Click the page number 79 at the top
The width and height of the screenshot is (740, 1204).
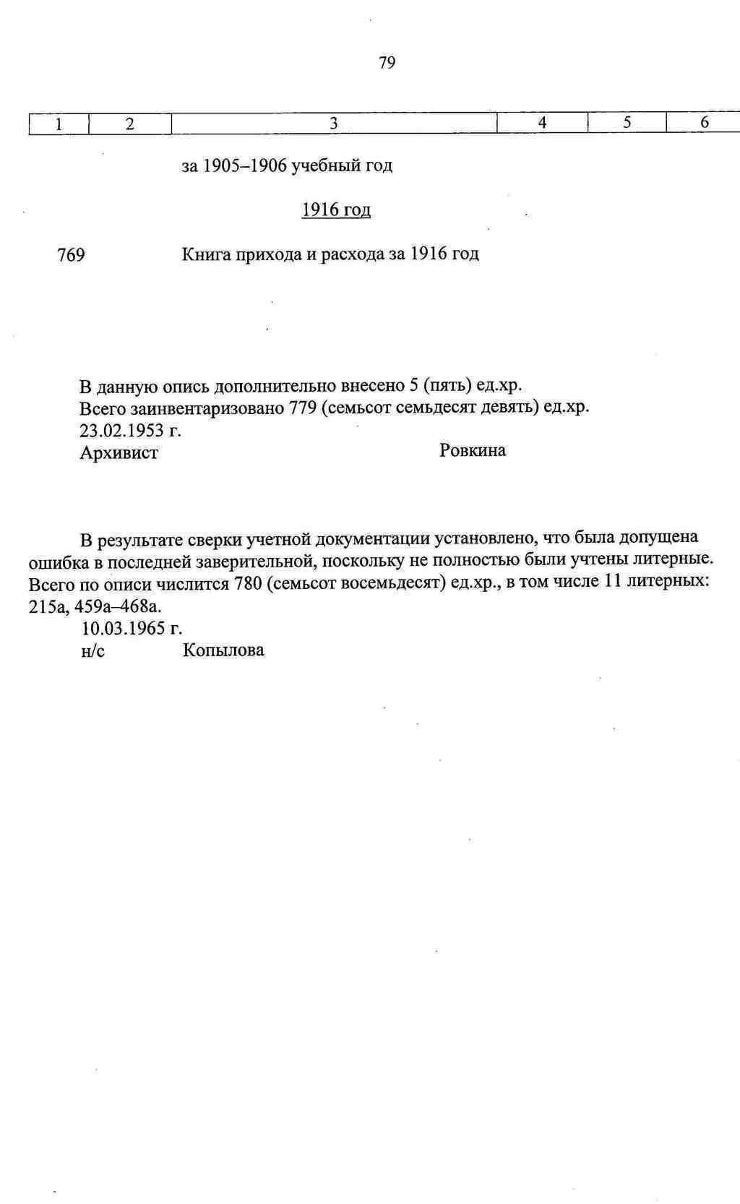point(387,63)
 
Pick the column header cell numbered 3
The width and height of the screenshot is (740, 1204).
point(333,124)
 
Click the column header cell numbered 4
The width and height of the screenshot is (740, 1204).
point(542,123)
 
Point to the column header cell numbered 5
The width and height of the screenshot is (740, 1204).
point(627,123)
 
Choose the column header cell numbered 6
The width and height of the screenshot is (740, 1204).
point(704,123)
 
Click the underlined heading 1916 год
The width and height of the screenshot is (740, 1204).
point(336,210)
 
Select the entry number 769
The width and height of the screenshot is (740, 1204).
point(71,255)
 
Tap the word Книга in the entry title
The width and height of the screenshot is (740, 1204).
point(204,254)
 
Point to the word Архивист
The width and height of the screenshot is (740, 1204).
point(119,453)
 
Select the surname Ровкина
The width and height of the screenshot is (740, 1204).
point(473,450)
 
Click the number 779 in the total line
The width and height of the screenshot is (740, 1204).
point(303,408)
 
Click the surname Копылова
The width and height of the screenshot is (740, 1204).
point(223,650)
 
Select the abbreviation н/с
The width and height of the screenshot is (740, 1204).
point(93,650)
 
